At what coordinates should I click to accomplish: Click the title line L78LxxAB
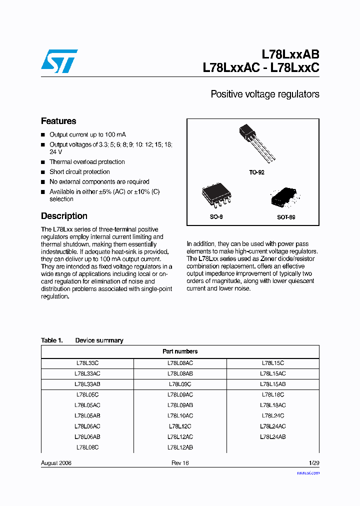(x=290, y=54)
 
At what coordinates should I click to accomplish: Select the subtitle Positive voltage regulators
(x=264, y=94)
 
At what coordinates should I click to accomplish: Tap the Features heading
(x=58, y=121)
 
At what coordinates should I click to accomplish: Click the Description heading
(x=64, y=216)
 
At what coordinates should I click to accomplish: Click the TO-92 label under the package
(x=256, y=172)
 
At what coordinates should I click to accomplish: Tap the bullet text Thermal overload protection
(x=87, y=162)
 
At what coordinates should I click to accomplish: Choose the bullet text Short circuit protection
(x=79, y=172)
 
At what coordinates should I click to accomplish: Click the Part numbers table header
(x=180, y=351)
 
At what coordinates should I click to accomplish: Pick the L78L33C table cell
(x=87, y=363)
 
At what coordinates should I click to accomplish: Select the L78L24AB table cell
(x=273, y=437)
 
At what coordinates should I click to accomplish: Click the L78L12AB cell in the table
(x=180, y=447)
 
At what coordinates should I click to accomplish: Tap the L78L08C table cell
(x=87, y=447)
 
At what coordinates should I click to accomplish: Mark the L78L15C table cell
(x=273, y=363)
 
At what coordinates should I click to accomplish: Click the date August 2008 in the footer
(x=56, y=463)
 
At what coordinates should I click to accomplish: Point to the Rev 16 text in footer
(x=180, y=463)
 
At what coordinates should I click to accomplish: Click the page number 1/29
(x=313, y=463)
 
